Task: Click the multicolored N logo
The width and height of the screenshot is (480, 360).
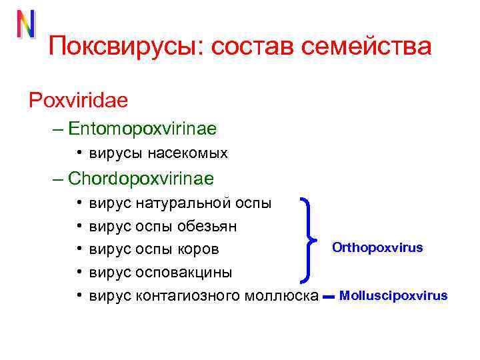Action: click(x=26, y=25)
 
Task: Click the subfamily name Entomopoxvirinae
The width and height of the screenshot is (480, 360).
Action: click(x=142, y=127)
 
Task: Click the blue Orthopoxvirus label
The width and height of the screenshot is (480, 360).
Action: click(x=377, y=248)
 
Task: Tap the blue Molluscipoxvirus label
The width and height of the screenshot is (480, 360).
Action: click(x=393, y=295)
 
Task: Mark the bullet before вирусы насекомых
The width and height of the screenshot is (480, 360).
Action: click(x=79, y=153)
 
